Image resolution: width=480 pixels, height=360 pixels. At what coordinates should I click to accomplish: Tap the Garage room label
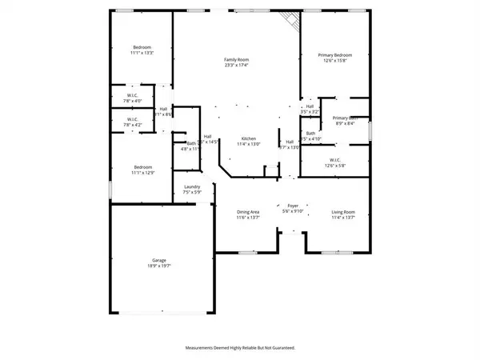tap(159, 260)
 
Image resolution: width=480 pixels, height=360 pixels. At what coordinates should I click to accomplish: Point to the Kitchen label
tap(248, 138)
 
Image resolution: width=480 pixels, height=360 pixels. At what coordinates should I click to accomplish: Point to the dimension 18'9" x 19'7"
tap(159, 266)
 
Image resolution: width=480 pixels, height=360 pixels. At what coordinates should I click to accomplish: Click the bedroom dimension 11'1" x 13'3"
tap(142, 54)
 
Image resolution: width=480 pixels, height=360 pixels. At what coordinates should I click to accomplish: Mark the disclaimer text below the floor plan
tap(239, 348)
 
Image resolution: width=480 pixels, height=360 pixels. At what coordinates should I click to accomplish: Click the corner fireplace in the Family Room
tap(292, 21)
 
